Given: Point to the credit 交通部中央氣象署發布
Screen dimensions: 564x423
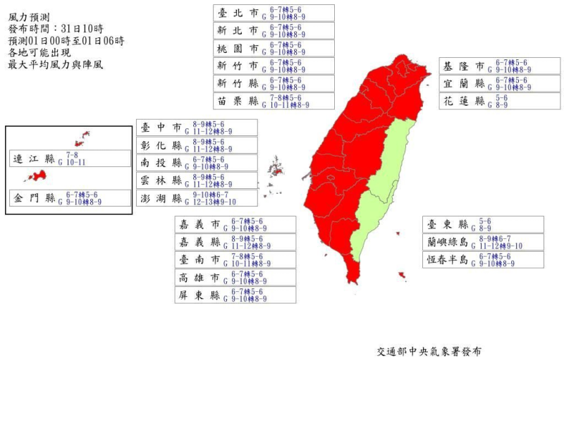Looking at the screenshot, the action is tap(429, 350).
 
